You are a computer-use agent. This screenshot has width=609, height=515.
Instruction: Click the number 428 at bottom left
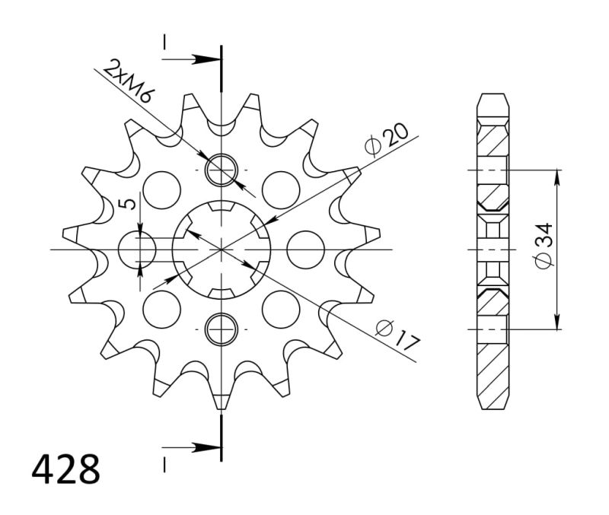pyautogui.click(x=65, y=470)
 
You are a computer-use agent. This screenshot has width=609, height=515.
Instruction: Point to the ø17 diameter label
pyautogui.click(x=397, y=335)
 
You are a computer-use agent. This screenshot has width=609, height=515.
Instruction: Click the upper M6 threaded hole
pyautogui.click(x=222, y=169)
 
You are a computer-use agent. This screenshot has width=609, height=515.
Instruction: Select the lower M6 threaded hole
pyautogui.click(x=222, y=329)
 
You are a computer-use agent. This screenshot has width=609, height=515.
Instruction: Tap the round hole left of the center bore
pyautogui.click(x=139, y=249)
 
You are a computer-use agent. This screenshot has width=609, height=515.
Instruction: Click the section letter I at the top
pyautogui.click(x=164, y=43)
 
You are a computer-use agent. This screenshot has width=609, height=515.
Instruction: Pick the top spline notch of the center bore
pyautogui.click(x=222, y=206)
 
